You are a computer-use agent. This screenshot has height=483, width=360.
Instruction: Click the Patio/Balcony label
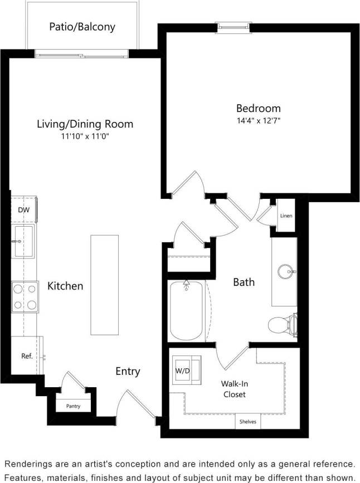[83, 26]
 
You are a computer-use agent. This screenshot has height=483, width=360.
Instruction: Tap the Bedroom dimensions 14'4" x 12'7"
[258, 120]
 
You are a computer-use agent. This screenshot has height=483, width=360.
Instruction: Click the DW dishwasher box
[23, 210]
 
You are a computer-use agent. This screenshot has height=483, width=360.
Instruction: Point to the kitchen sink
[24, 241]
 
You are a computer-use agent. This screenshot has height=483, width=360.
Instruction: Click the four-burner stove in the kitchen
[25, 297]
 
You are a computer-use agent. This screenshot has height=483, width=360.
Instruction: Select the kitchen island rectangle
[105, 285]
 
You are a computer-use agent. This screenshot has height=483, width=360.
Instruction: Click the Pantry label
[73, 406]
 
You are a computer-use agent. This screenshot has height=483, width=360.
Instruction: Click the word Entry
[128, 372]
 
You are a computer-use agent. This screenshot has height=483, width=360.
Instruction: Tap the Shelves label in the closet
[248, 422]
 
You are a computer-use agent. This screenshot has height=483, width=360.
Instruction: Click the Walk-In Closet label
[233, 389]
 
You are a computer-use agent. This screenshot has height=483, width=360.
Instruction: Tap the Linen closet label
[285, 216]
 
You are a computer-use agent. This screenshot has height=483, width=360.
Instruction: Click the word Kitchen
[65, 286]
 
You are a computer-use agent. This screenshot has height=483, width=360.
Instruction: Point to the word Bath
[244, 282]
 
